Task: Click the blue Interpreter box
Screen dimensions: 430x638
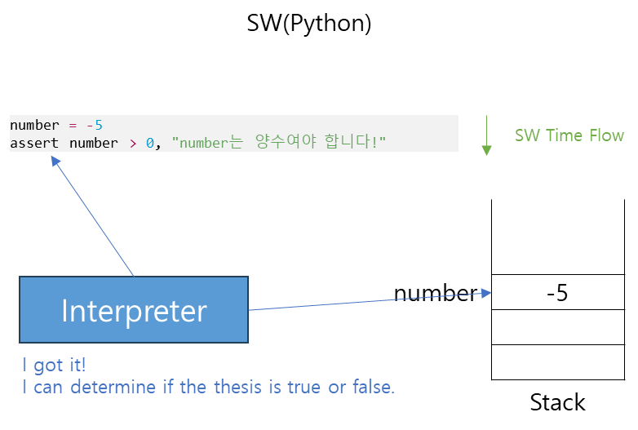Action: (134, 310)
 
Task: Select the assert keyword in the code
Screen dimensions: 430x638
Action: (34, 144)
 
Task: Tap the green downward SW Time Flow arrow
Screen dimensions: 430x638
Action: (486, 136)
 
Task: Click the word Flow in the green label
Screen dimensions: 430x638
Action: (605, 135)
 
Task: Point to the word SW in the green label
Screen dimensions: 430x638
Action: (526, 135)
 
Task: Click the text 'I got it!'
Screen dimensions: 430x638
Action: (54, 366)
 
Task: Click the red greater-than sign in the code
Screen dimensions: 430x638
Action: (133, 144)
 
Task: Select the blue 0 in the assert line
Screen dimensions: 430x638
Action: (150, 144)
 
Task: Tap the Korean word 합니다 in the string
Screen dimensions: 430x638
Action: (351, 144)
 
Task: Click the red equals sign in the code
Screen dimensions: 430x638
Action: (73, 125)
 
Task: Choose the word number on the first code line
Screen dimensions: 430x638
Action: (34, 125)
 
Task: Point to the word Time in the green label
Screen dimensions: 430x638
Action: (562, 135)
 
